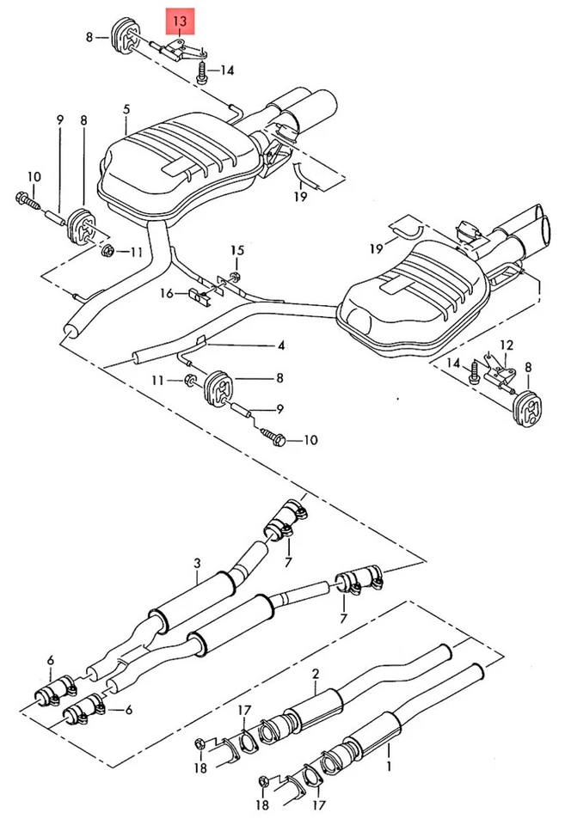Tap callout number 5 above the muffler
tap(126, 109)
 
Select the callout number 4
tap(279, 347)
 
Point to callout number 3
tap(197, 564)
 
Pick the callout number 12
tap(507, 344)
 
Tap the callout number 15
tap(237, 250)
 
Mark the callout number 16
tap(167, 293)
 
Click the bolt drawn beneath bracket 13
tap(201, 74)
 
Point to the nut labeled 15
tap(236, 276)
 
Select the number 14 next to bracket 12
tap(456, 365)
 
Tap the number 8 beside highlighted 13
tap(89, 36)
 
